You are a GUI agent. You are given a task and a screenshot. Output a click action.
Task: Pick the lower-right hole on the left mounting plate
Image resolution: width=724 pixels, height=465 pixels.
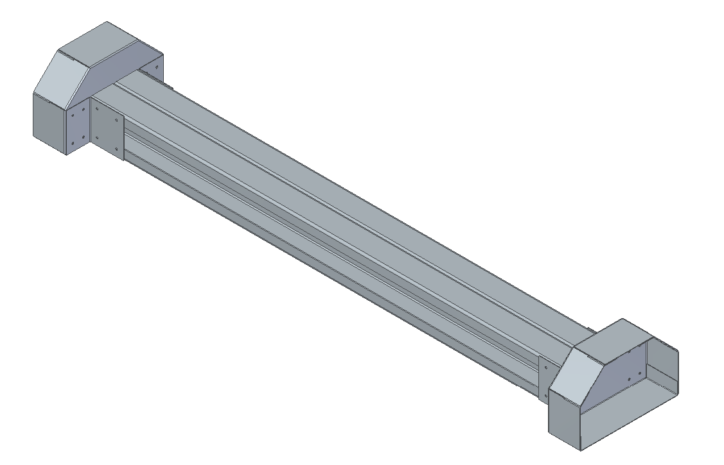[x=116, y=149]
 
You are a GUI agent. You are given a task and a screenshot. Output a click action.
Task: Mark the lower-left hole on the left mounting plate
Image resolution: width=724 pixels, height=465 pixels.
[x=96, y=138]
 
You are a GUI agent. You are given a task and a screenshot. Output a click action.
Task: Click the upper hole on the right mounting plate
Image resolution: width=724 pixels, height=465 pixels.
[x=545, y=369]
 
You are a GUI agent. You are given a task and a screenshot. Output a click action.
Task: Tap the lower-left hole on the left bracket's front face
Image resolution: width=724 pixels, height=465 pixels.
[x=73, y=142]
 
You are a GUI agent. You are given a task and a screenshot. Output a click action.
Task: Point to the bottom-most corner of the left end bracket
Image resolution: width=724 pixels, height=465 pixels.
[x=66, y=154]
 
